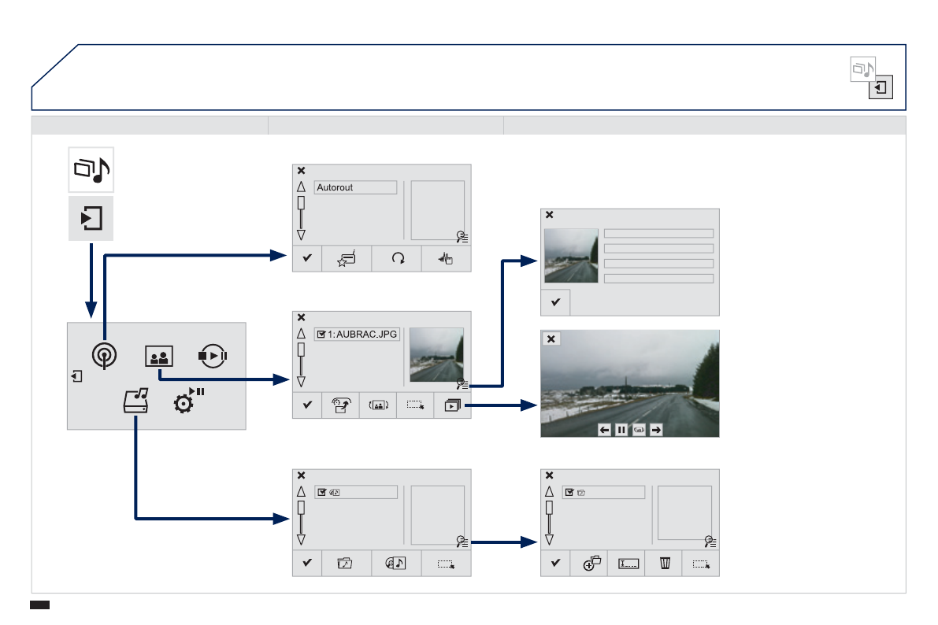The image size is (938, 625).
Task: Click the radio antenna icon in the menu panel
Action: (102, 357)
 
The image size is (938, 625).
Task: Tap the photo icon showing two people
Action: (158, 357)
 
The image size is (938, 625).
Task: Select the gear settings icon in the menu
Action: (184, 404)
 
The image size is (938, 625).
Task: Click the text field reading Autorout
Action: (355, 187)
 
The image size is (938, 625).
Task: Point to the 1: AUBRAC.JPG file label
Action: (357, 334)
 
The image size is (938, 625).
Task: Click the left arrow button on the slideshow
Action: (604, 430)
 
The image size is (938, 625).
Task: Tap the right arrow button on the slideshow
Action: (655, 430)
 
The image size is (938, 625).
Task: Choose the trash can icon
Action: (664, 564)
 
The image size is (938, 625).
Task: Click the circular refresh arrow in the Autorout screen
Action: (396, 260)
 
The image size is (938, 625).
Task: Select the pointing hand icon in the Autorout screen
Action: (447, 260)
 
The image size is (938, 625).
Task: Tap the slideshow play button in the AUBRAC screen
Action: (452, 405)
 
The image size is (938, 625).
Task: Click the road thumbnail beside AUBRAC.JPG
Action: (436, 354)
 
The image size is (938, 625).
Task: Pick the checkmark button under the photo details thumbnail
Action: (555, 302)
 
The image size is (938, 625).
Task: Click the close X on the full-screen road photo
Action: (551, 339)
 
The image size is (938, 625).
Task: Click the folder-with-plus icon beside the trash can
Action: (591, 564)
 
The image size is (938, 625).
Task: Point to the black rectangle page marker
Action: (39, 605)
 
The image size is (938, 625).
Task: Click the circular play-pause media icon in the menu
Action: (213, 355)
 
